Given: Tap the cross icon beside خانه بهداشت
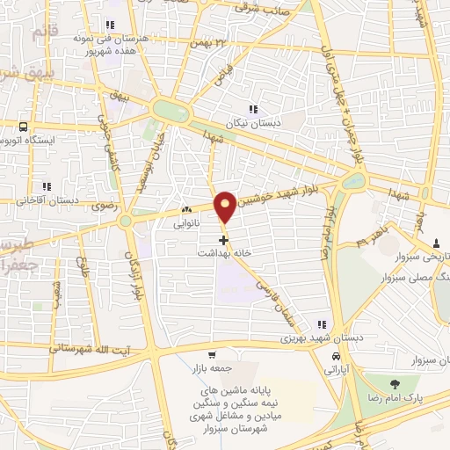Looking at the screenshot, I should tap(223, 238).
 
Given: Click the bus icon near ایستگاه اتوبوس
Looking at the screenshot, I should tap(23, 127).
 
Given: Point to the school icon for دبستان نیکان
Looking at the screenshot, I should tap(253, 109).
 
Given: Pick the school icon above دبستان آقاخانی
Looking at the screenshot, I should tap(47, 186).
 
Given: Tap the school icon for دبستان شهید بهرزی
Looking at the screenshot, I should tap(323, 324).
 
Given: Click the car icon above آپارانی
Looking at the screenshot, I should tap(337, 357).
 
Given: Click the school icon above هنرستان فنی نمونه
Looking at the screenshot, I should tap(110, 25).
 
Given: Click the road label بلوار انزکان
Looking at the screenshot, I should tap(137, 286).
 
